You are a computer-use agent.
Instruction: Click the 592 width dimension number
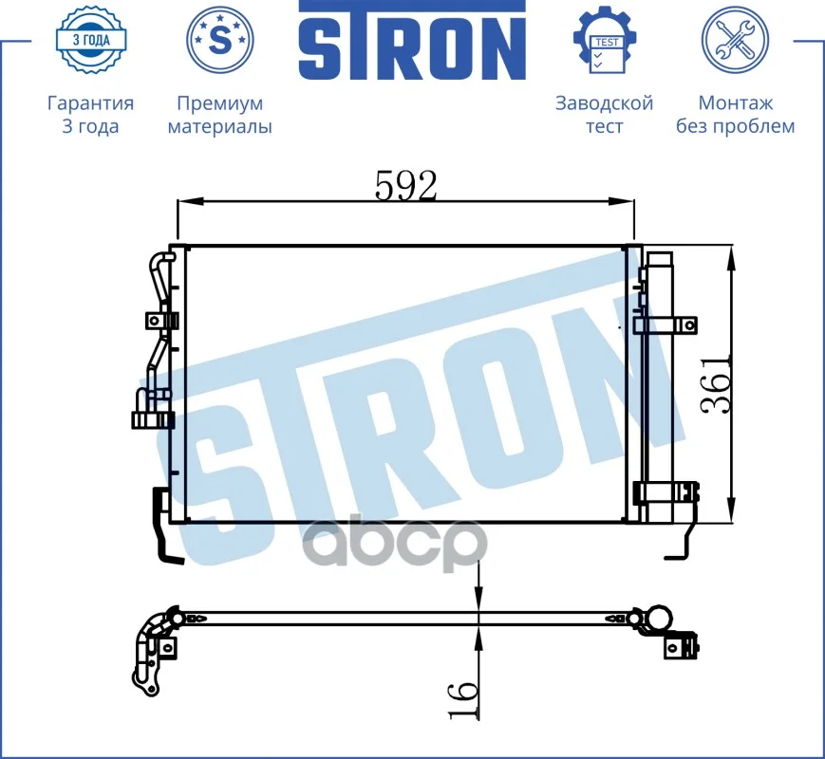[405, 186]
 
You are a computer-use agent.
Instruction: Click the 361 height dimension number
[716, 385]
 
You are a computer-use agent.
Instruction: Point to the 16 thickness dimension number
[463, 699]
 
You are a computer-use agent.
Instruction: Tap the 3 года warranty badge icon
[91, 40]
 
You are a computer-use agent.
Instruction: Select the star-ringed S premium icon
[220, 40]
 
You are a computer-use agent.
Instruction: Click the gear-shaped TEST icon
[605, 40]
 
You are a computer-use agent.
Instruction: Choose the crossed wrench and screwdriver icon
[735, 40]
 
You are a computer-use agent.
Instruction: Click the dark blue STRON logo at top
[412, 41]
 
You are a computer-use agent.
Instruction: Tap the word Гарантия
[90, 103]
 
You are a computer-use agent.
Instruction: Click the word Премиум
[220, 103]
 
